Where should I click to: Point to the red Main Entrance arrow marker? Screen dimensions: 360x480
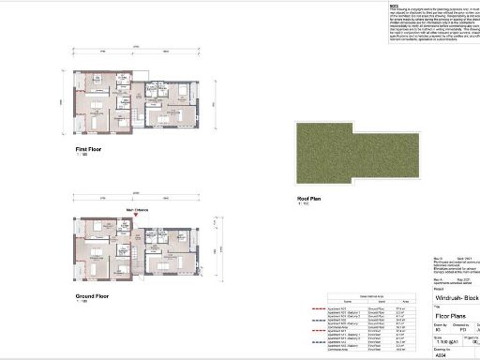click(137, 217)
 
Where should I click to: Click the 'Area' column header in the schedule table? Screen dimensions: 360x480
click(401, 301)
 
